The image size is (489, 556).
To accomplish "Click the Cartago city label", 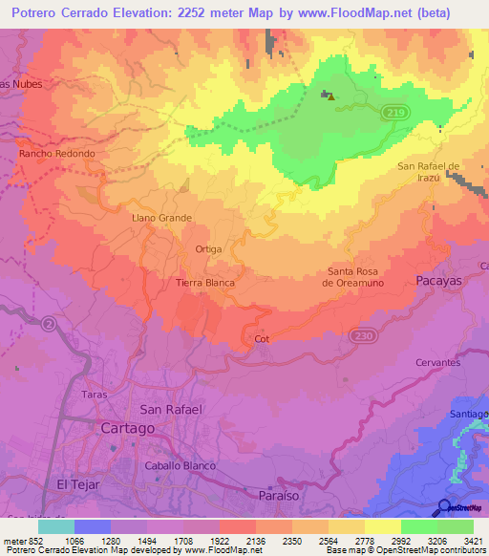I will pyautogui.click(x=128, y=429).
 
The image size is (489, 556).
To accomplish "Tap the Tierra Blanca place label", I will pyautogui.click(x=205, y=283).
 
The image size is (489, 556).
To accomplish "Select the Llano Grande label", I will pyautogui.click(x=161, y=218).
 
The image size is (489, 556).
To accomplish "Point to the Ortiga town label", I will pyautogui.click(x=208, y=249).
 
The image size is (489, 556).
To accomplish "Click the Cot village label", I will pyautogui.click(x=263, y=339).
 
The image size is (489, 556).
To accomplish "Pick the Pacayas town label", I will pyautogui.click(x=439, y=280).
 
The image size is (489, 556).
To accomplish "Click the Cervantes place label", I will pyautogui.click(x=438, y=363).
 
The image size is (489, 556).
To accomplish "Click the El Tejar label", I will pyautogui.click(x=78, y=484).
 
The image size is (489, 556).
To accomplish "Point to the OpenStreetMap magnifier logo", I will pyautogui.click(x=444, y=507).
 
